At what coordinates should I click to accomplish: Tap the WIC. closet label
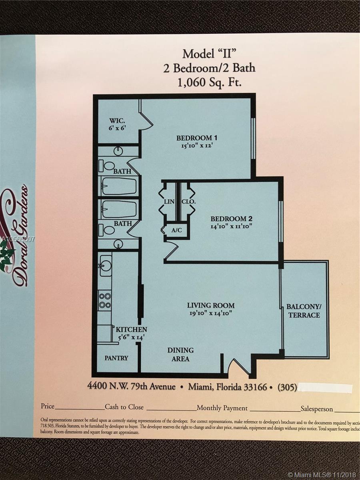(118, 120)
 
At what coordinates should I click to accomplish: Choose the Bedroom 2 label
(231, 219)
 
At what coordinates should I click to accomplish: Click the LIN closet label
(169, 202)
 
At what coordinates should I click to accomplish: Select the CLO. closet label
(188, 202)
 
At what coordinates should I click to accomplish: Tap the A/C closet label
(176, 230)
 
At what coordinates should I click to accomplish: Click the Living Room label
(211, 305)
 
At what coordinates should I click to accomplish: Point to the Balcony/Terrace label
(303, 311)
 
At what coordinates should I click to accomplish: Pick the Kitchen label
(132, 330)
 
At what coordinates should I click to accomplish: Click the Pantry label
(116, 358)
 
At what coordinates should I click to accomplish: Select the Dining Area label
(180, 354)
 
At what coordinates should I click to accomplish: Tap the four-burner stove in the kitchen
(105, 300)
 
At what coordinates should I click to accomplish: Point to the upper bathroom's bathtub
(119, 186)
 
